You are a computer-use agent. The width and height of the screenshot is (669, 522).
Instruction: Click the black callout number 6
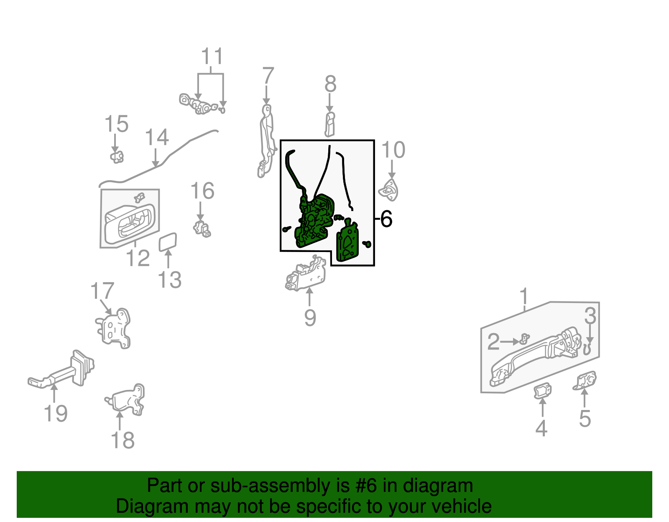tap(386, 219)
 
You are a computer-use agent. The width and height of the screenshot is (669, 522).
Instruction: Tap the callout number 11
tap(212, 56)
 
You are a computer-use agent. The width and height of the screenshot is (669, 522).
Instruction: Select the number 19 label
tap(55, 413)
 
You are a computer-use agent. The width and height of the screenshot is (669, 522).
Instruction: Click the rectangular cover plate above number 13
tap(168, 242)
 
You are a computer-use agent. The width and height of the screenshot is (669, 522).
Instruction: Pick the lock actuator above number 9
tap(306, 275)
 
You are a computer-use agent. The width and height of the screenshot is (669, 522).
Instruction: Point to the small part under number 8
tap(329, 125)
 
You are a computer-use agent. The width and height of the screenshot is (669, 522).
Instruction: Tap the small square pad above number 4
tap(543, 391)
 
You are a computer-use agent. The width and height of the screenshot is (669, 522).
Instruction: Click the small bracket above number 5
tap(585, 381)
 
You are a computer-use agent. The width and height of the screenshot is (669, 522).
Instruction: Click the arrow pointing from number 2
tap(510, 342)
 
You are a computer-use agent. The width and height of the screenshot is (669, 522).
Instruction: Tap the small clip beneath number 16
tap(202, 229)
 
